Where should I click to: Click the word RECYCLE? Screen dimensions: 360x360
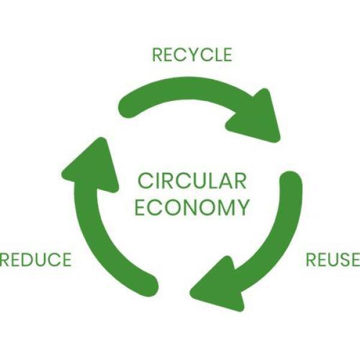[x=192, y=55]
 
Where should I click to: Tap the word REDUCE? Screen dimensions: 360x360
[x=35, y=259]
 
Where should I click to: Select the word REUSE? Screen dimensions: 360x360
[x=333, y=259]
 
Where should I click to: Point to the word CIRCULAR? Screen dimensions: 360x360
[x=192, y=181]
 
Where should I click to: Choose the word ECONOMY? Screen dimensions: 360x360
[x=192, y=208]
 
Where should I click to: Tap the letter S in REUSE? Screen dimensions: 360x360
[x=341, y=259]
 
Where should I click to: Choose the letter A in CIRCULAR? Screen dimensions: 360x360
[x=225, y=181]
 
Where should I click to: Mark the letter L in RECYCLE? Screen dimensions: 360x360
[x=215, y=55]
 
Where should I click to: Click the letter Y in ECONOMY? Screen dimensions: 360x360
[x=242, y=208]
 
